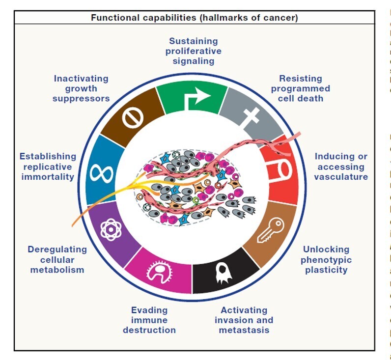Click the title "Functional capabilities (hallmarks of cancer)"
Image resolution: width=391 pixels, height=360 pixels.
[194, 18]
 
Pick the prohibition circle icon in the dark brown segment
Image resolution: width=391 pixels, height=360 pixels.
[133, 117]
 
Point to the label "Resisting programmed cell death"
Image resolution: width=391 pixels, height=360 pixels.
[300, 88]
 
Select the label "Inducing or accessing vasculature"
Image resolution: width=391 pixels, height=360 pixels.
[341, 166]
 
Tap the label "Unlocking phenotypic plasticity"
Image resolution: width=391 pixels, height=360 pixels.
[326, 259]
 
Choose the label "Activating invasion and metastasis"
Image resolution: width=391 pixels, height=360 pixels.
[244, 320]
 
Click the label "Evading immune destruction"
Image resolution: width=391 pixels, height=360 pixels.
[149, 320]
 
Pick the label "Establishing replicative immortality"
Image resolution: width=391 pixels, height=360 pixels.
[48, 166]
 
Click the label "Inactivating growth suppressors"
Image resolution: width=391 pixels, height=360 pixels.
[81, 88]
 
